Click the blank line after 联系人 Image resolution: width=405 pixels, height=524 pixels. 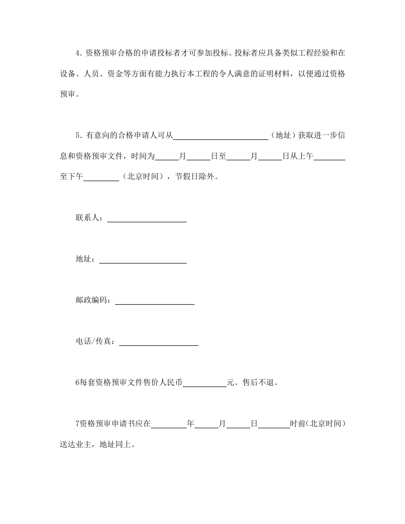coord(147,219)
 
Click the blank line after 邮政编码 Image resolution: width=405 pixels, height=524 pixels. coord(155,301)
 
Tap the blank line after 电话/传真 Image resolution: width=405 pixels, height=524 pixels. coord(159,342)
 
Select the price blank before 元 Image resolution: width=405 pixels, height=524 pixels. coord(204,384)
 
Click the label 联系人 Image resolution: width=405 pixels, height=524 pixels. coord(88,218)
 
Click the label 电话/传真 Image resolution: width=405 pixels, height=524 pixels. coord(94,342)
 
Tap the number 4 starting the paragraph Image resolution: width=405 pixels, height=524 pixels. coord(78,53)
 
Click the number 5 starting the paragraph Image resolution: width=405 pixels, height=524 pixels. coord(78,135)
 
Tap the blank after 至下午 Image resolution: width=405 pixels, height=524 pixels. coord(101,178)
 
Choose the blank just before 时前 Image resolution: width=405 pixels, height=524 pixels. coord(274,425)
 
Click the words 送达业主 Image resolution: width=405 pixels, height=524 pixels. coord(76,445)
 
